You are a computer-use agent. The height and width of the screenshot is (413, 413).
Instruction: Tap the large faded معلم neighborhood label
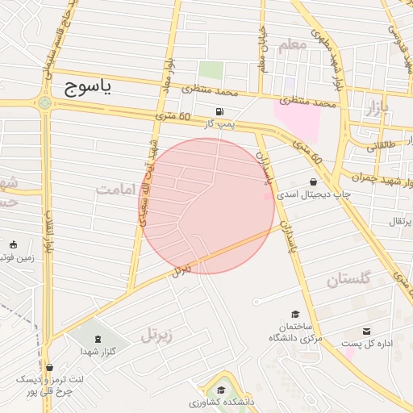291,44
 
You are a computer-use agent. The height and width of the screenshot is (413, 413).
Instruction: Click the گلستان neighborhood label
348,280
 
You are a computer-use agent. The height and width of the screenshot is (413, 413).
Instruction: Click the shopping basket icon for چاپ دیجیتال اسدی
313,181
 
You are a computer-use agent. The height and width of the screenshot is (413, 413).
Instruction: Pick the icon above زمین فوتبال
12,244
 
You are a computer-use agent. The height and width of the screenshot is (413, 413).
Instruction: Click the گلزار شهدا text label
99,352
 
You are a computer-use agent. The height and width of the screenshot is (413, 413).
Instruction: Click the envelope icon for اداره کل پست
367,332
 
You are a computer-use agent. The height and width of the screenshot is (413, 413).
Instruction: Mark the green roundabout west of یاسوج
44,102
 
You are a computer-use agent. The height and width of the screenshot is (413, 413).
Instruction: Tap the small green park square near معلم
211,69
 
